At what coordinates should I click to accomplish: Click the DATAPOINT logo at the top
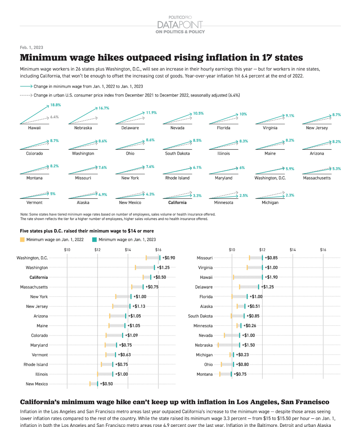180,25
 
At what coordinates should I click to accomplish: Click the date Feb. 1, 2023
31,47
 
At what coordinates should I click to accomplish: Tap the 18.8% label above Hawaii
56,105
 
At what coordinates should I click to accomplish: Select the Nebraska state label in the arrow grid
83,128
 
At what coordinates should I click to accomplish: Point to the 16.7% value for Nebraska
104,108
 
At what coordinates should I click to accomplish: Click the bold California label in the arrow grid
177,202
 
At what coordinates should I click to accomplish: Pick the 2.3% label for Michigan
290,195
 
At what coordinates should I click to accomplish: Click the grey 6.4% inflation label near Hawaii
54,117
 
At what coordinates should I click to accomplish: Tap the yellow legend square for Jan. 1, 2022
22,240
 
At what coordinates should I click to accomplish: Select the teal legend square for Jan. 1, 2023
94,240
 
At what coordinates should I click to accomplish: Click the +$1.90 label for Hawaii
271,277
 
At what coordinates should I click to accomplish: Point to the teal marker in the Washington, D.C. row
160,258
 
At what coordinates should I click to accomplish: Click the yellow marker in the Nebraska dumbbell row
218,345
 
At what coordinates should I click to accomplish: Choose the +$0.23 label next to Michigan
242,355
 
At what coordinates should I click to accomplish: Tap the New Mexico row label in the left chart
37,384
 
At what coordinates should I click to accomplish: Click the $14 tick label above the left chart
128,250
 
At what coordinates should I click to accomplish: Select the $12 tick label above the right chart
262,250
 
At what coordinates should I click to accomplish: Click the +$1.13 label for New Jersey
139,306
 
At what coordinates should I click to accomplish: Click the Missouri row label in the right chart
205,258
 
